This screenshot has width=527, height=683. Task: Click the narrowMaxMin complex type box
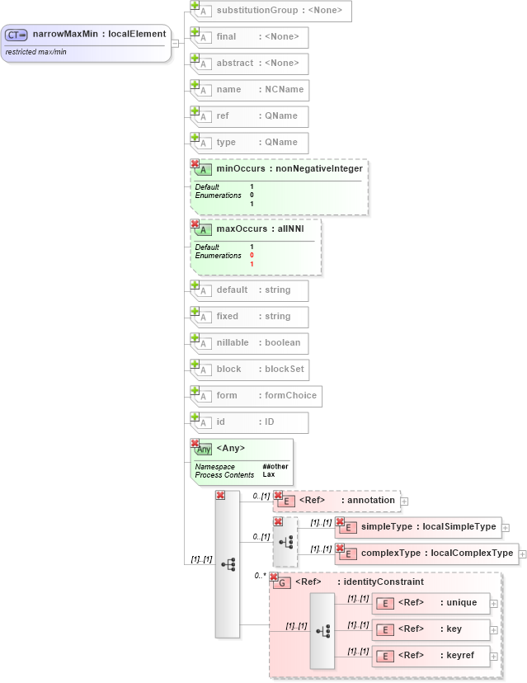point(86,35)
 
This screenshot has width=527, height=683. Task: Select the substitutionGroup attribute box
point(273,11)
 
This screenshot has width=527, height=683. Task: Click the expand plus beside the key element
point(494,630)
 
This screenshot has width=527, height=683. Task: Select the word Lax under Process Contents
point(269,475)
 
